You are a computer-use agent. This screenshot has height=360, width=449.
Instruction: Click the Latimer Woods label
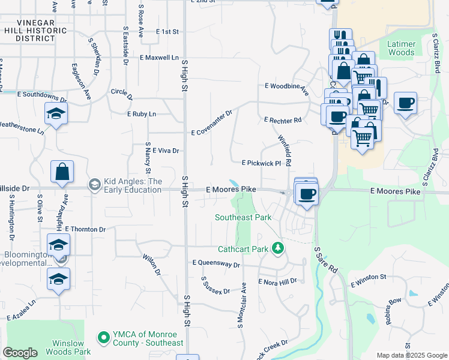pos(401,48)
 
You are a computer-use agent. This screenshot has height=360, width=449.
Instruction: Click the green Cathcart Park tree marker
pos(277,247)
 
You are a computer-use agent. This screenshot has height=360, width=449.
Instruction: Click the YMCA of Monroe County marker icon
pos(103,338)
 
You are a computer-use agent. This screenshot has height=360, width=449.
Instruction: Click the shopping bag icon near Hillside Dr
pos(62,172)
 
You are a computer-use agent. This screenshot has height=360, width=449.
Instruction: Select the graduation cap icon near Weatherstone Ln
pos(56,114)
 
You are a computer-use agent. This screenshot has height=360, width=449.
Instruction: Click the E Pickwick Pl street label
pos(262,163)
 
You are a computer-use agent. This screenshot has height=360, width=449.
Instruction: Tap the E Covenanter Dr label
pos(211,123)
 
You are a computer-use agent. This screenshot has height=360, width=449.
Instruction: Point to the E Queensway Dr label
pos(216,263)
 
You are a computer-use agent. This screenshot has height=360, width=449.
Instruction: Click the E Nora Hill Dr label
pos(277,281)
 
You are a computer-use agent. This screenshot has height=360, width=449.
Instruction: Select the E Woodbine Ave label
pos(286,89)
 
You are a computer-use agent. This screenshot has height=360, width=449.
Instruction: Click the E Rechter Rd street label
pos(283,120)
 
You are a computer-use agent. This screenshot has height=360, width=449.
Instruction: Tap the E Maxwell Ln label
pos(159,58)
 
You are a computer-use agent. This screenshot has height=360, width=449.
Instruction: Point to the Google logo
pos(20,353)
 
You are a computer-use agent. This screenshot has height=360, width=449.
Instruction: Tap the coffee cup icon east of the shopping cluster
pos(405,103)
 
